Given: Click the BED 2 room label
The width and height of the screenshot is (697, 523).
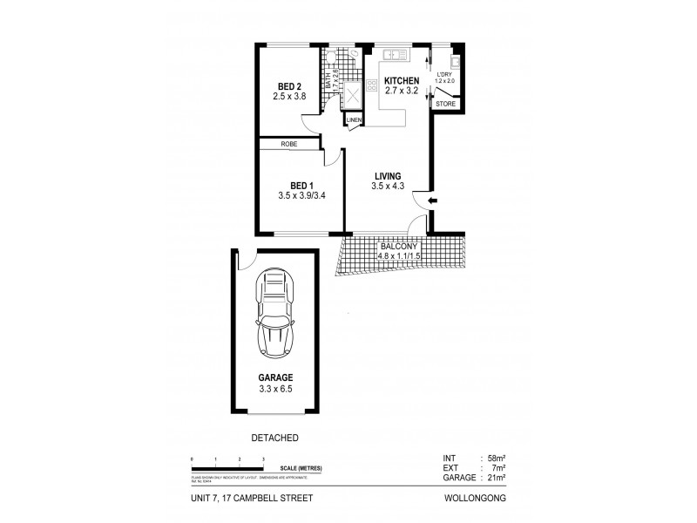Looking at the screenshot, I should pos(289,85).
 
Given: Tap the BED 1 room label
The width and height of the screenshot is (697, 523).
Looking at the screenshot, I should pos(301,184).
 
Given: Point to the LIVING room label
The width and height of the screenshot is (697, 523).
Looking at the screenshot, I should pos(385,175).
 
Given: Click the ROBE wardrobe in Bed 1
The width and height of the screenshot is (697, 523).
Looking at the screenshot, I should pos(290,144).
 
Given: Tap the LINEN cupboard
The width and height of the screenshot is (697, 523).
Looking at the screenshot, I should pos(355,119).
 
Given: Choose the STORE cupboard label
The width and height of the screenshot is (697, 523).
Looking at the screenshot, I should pos(444,104).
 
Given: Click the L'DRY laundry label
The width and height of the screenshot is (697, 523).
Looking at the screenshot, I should pos(444,74).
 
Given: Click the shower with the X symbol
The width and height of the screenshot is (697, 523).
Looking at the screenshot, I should pos(354,94).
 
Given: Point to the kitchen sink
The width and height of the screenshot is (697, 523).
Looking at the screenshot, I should pos(397,55).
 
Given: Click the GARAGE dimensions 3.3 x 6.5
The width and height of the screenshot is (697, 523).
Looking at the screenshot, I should pos(275,390).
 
